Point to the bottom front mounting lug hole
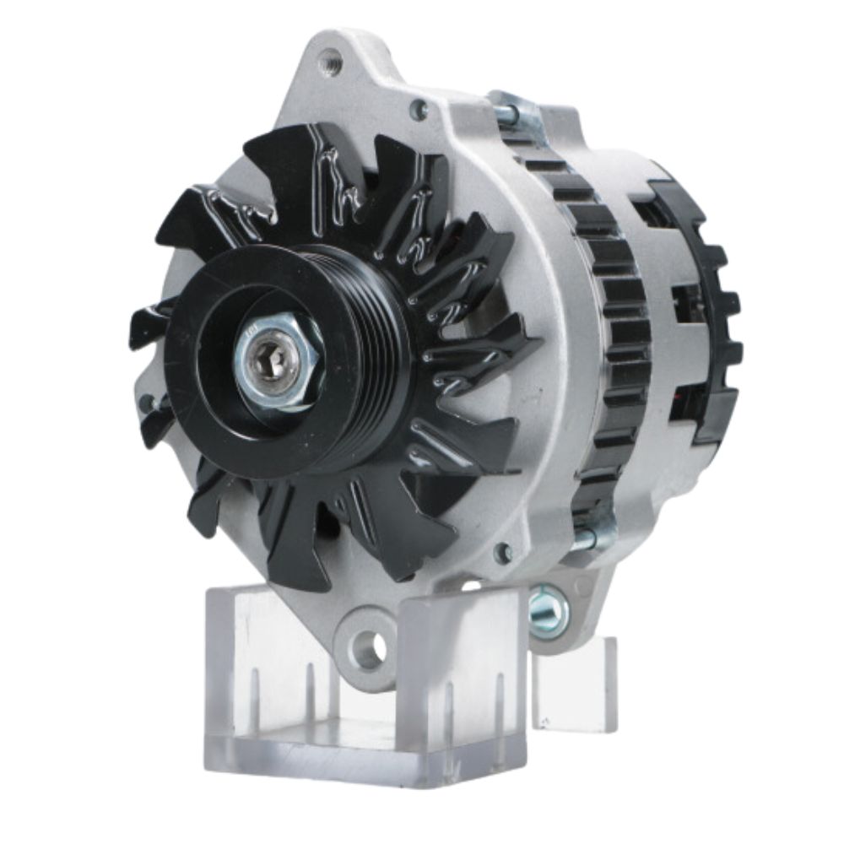tap(369, 648)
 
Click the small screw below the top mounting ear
tap(417, 107)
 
